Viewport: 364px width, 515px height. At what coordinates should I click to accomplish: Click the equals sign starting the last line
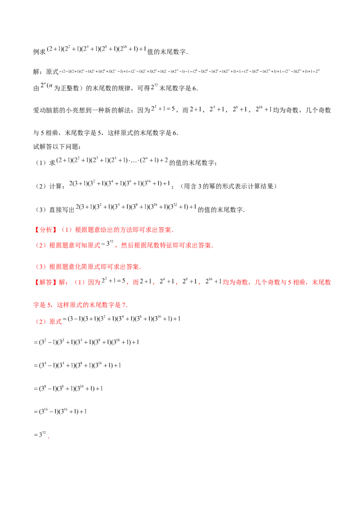[x=35, y=435]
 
